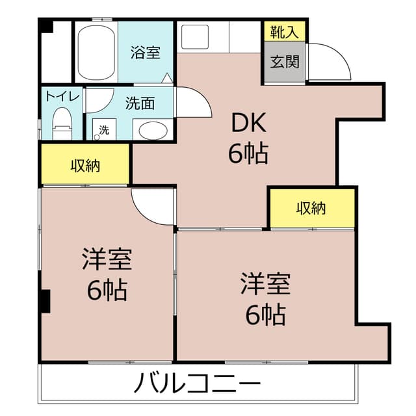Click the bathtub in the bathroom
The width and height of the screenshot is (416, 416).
click(x=96, y=52)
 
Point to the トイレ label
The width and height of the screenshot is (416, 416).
click(x=62, y=96)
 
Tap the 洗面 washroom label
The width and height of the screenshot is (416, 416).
click(x=140, y=103)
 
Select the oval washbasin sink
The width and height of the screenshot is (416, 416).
click(x=153, y=129)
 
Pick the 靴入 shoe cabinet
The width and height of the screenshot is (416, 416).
click(x=284, y=31)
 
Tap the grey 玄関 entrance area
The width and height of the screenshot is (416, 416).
click(x=284, y=62)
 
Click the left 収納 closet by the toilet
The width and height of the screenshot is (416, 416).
click(x=85, y=165)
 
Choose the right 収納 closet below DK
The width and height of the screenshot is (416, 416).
click(x=311, y=208)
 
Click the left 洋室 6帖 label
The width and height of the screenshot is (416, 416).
click(x=107, y=274)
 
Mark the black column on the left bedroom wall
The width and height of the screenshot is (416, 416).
click(x=45, y=300)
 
